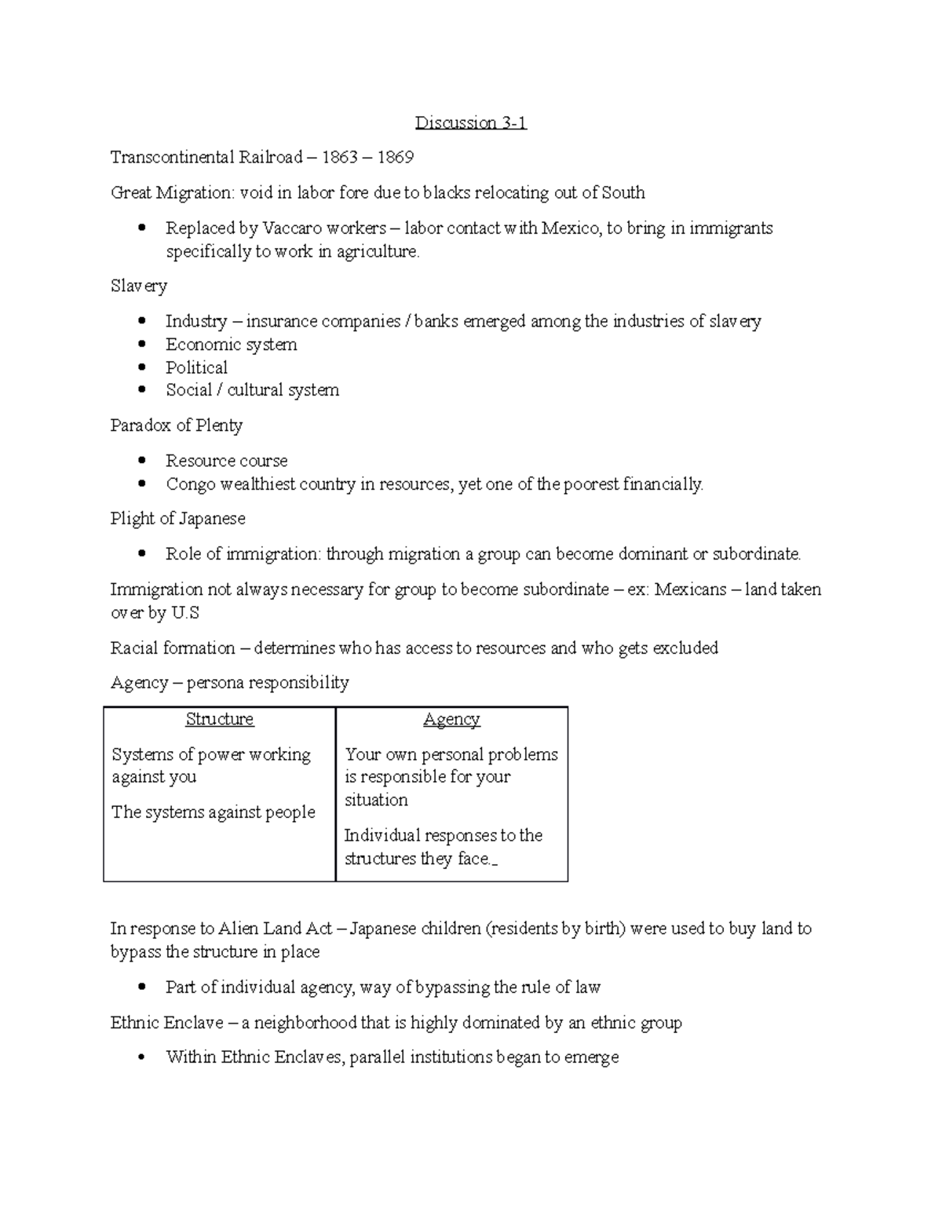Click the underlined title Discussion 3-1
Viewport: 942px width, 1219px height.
pos(470,123)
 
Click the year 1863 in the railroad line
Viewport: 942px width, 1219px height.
pos(339,158)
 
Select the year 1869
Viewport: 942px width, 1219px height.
pos(395,158)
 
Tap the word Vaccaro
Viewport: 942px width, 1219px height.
pos(292,228)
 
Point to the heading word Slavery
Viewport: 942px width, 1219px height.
pos(138,286)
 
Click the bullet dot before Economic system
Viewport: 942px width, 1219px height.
pos(141,345)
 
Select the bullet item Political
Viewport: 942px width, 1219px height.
pos(196,367)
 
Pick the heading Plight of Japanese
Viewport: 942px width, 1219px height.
pos(177,519)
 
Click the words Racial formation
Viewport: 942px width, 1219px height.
pos(173,648)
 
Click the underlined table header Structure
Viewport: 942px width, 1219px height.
pos(219,719)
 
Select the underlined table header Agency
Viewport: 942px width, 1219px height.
pos(451,719)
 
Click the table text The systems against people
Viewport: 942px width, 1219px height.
pos(213,812)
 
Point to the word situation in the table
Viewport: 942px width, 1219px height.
pos(376,800)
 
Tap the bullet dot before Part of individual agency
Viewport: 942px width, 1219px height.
pos(141,987)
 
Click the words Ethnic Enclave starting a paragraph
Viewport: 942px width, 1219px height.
pos(166,1023)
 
